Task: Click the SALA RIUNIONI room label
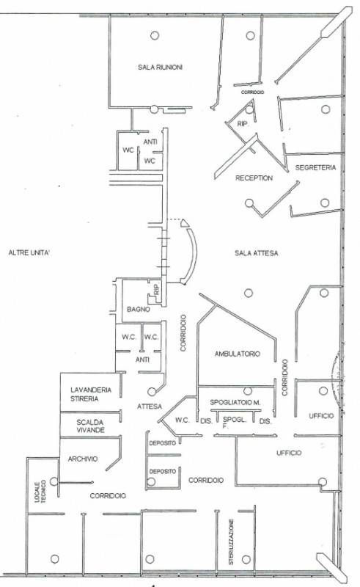160,68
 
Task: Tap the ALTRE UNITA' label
29,252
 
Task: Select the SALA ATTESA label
257,253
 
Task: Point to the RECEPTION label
254,178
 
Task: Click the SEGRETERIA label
315,167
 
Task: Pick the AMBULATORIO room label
238,354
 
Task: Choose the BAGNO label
139,309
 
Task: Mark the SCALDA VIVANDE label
91,426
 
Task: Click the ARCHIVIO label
83,459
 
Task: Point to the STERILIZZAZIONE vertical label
231,542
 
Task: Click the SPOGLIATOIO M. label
235,402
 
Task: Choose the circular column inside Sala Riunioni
155,35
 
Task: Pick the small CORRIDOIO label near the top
253,92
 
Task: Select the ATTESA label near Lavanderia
150,406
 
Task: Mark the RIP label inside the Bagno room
156,289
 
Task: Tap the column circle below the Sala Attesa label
249,293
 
